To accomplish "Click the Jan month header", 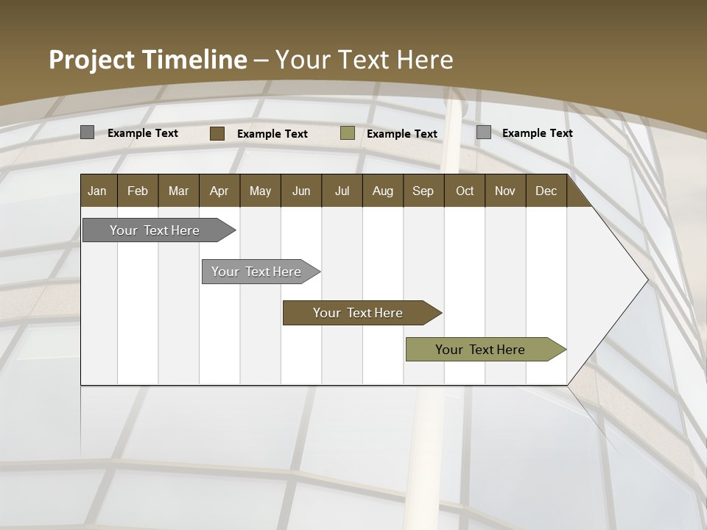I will coord(97,191).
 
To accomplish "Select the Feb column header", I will coord(138,191).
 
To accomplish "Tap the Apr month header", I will coord(219,191).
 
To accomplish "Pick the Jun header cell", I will coord(301,191).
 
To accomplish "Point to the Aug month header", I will coord(382,191).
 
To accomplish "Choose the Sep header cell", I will coord(423,191).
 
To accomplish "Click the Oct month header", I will coord(465,191).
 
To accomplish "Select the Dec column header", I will coord(546,191).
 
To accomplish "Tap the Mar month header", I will coord(178,191).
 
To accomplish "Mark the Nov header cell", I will coord(504,191).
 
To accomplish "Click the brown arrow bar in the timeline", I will coord(358,313).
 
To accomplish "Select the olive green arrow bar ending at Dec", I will coord(480,350).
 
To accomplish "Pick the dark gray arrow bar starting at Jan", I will coord(155,230).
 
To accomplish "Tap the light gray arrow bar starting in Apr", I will coord(256,272).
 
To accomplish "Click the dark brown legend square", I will coord(217,133).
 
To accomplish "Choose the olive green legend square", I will coord(348,133).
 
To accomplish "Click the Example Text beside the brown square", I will coord(272,134).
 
